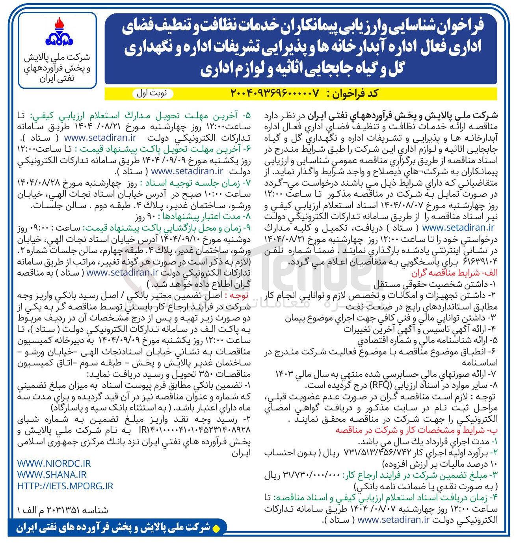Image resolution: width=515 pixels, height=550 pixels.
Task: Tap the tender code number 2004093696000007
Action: [x=275, y=93]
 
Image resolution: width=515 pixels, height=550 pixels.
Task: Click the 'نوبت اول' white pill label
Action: [x=152, y=93]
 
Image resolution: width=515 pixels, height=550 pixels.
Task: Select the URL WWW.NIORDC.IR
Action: [x=54, y=463]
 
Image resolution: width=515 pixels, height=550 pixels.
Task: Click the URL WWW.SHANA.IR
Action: [x=52, y=475]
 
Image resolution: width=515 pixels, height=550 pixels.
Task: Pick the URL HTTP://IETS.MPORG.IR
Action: [x=65, y=486]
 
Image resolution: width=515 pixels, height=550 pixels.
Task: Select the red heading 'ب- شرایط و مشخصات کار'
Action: [x=416, y=430]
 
